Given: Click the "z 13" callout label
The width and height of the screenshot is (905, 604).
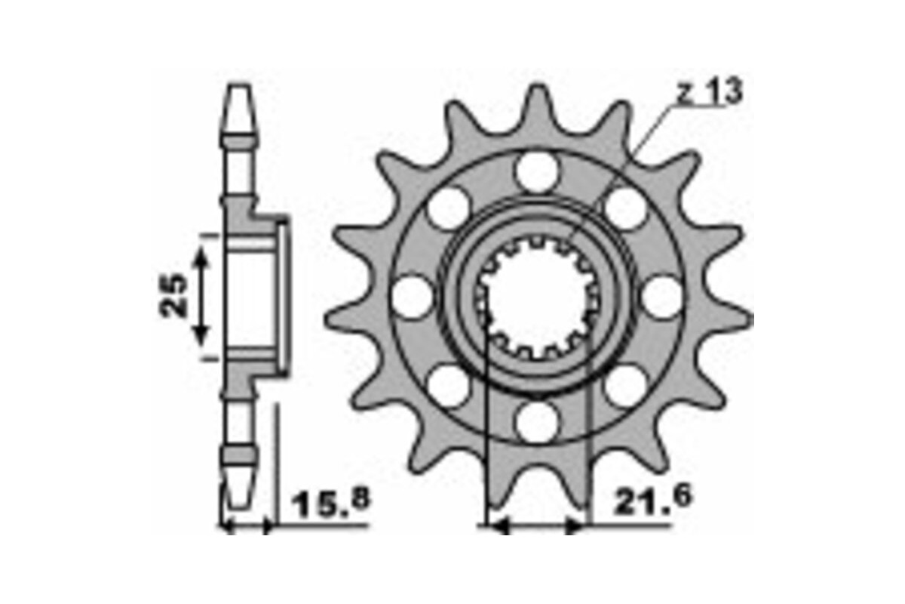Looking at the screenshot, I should [708, 92].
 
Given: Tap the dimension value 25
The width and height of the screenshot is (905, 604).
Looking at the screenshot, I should [175, 294].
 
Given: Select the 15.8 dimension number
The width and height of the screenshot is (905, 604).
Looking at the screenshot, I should [333, 503].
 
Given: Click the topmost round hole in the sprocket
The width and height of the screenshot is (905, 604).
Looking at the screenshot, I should [538, 171].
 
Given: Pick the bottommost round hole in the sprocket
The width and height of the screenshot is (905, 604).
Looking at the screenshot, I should [538, 421].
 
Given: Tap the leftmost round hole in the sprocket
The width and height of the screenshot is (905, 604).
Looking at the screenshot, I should [413, 297].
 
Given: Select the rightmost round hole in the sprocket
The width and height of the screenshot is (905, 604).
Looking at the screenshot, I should [663, 297].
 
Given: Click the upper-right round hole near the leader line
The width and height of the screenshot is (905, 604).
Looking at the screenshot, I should [626, 208].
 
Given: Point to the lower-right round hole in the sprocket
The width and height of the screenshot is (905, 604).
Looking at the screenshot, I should [626, 386].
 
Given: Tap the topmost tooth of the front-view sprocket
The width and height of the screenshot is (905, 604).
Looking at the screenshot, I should [538, 102].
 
